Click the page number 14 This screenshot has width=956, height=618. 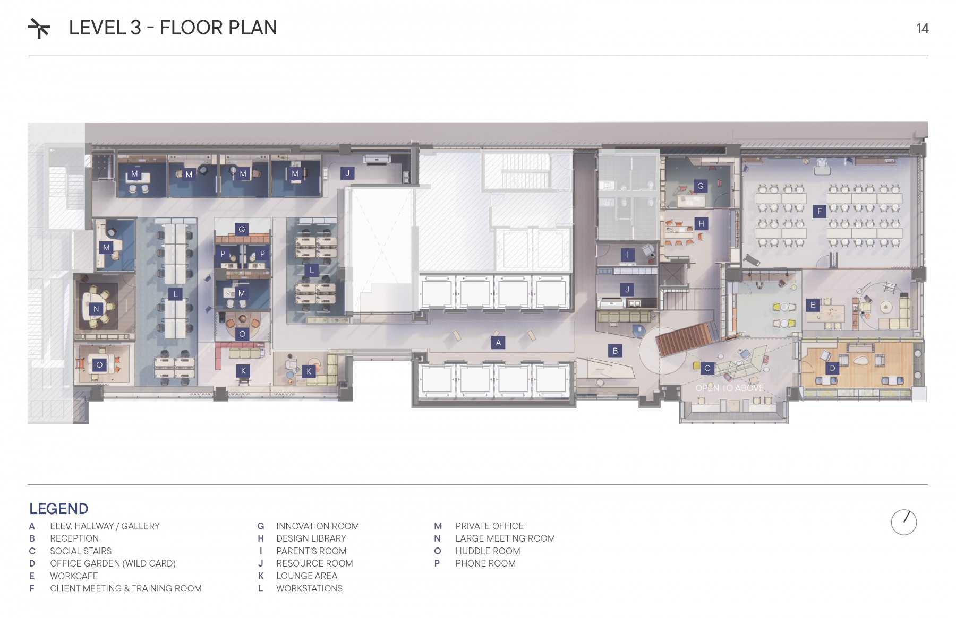point(923,29)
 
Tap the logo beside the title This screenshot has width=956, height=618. point(39,28)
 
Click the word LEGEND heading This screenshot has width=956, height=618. point(59,509)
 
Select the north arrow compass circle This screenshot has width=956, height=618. point(904,522)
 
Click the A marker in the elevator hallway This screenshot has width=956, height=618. point(498,343)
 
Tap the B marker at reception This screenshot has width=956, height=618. point(615,351)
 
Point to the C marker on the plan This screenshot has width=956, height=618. point(707,368)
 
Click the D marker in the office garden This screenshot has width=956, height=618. point(832,368)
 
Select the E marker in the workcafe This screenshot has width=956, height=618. point(813,305)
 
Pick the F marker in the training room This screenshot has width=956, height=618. point(820,211)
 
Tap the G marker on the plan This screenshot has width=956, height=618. point(701,186)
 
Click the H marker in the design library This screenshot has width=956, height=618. point(701,223)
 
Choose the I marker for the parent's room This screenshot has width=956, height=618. point(628,255)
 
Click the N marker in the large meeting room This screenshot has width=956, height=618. point(96,309)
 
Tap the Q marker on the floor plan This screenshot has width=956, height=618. point(242,229)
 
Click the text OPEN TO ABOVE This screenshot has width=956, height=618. point(730,388)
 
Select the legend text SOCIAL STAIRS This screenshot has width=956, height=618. point(81,551)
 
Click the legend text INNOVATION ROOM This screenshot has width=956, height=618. point(318,526)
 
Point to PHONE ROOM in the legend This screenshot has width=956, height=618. point(485,563)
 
